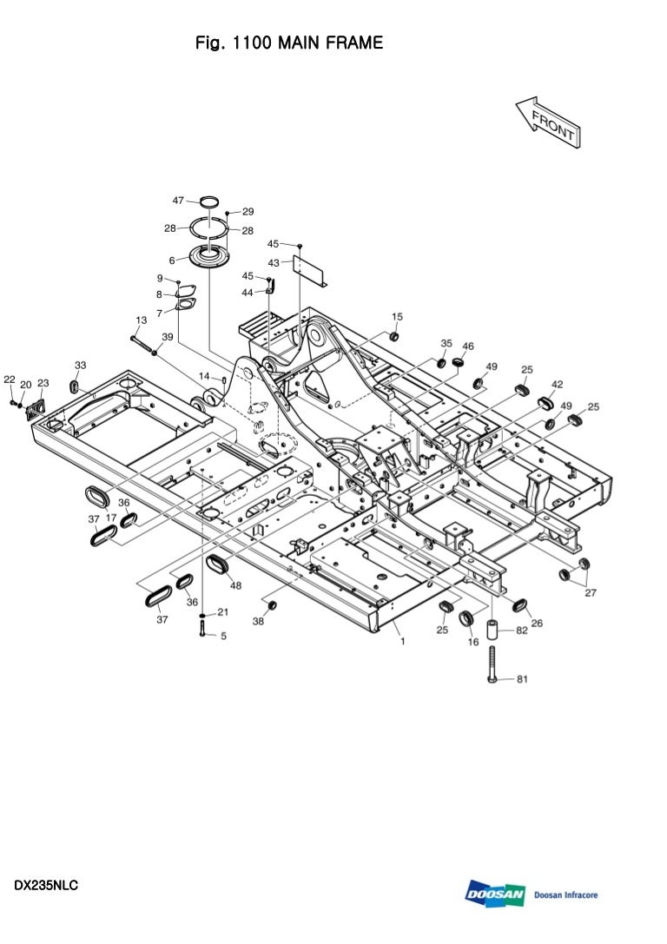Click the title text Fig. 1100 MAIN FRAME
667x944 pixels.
pyautogui.click(x=289, y=43)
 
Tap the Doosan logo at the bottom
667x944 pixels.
pyautogui.click(x=496, y=894)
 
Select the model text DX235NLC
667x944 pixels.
pyautogui.click(x=46, y=886)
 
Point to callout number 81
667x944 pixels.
pyautogui.click(x=522, y=679)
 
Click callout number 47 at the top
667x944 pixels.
pyautogui.click(x=178, y=200)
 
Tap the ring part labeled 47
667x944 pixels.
pyautogui.click(x=208, y=204)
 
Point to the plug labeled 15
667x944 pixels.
pyautogui.click(x=393, y=336)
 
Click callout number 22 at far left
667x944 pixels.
pyautogui.click(x=10, y=380)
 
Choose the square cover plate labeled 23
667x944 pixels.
pyautogui.click(x=36, y=407)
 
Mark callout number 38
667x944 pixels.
pyautogui.click(x=258, y=621)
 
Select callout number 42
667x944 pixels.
pyautogui.click(x=557, y=384)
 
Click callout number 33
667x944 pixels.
pyautogui.click(x=80, y=365)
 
